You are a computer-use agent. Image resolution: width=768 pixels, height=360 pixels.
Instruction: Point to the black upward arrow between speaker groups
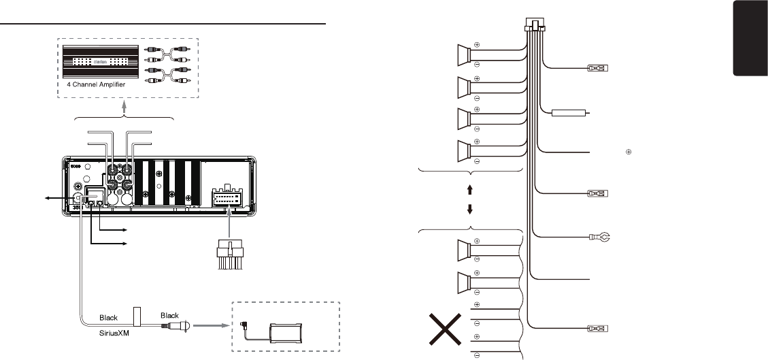(470, 185)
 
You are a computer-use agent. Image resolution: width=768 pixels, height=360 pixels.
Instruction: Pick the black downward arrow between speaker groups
(470, 208)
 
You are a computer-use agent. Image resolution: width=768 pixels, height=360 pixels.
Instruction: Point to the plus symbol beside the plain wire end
(629, 152)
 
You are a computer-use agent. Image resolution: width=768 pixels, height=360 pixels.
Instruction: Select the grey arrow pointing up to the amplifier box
(124, 108)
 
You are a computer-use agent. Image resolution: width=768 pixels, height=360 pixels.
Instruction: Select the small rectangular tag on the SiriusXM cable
(136, 317)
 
